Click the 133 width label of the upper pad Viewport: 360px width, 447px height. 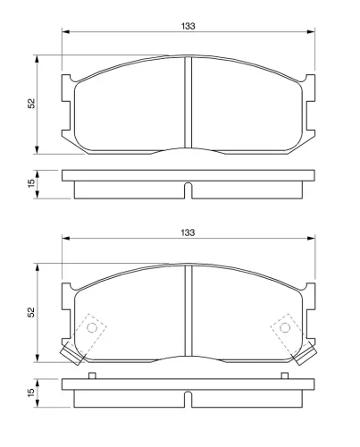pos(188,26)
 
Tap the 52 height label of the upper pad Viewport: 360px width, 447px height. pos(31,104)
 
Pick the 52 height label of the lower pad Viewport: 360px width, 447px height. pos(31,312)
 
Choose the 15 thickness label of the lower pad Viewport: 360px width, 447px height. pos(31,393)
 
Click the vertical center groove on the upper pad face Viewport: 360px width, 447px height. pos(188,103)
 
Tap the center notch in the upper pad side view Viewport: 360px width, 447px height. pos(188,189)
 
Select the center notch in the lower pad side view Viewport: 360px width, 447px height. pos(188,398)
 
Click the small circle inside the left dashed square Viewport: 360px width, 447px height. pos(90,327)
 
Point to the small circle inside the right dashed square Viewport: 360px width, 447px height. pos(285,327)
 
